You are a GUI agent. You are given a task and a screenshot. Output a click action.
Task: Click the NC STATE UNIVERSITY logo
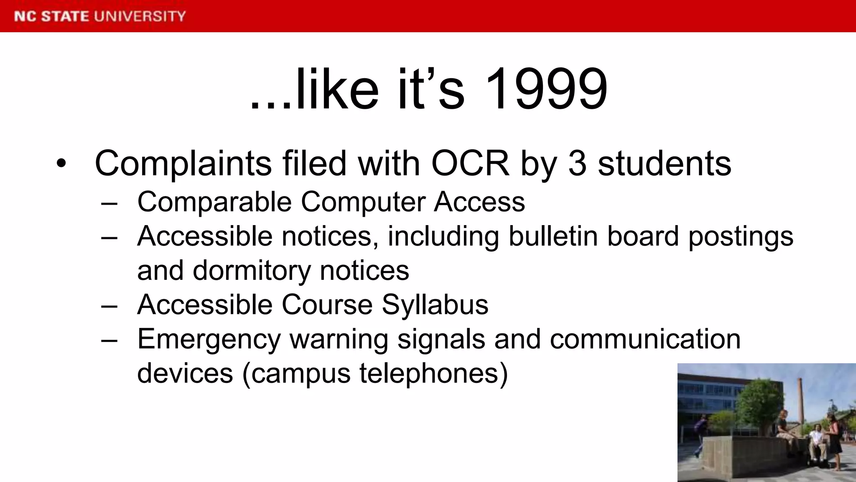click(100, 16)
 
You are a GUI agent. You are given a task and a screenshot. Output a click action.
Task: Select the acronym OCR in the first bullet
click(470, 163)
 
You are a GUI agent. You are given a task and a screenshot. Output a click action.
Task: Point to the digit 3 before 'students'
click(577, 163)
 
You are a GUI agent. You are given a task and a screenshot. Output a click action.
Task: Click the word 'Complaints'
click(183, 163)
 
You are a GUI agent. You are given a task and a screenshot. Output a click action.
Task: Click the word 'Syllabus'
click(435, 305)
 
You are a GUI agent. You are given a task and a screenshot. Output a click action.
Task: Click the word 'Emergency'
click(209, 339)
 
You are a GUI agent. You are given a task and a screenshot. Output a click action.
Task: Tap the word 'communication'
click(645, 339)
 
